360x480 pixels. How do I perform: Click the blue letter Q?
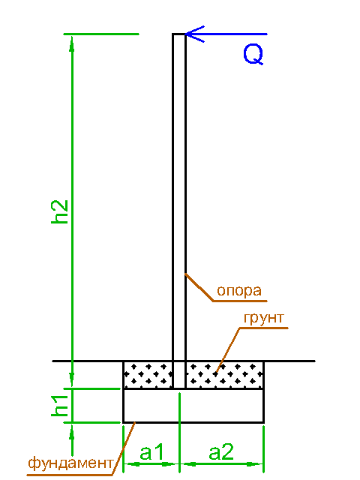point(253,55)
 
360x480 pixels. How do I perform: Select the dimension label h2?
point(60,212)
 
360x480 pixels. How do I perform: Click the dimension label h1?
point(60,406)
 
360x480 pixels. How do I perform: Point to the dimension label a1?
point(151,452)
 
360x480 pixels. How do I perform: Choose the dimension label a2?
point(221,452)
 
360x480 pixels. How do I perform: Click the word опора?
point(239,290)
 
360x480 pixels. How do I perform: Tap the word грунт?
point(264,318)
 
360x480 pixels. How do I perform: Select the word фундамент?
point(70,463)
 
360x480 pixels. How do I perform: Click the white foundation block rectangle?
point(193,406)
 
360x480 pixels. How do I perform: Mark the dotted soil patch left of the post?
point(148,374)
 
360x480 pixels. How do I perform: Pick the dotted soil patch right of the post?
point(225,374)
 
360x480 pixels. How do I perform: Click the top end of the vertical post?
point(179,34)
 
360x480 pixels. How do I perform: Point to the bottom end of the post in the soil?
point(179,388)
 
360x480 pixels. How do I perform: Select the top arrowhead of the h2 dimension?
point(72,43)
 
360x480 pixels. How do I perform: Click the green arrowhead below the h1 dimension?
point(72,432)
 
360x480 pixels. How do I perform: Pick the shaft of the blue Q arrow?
point(226,34)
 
